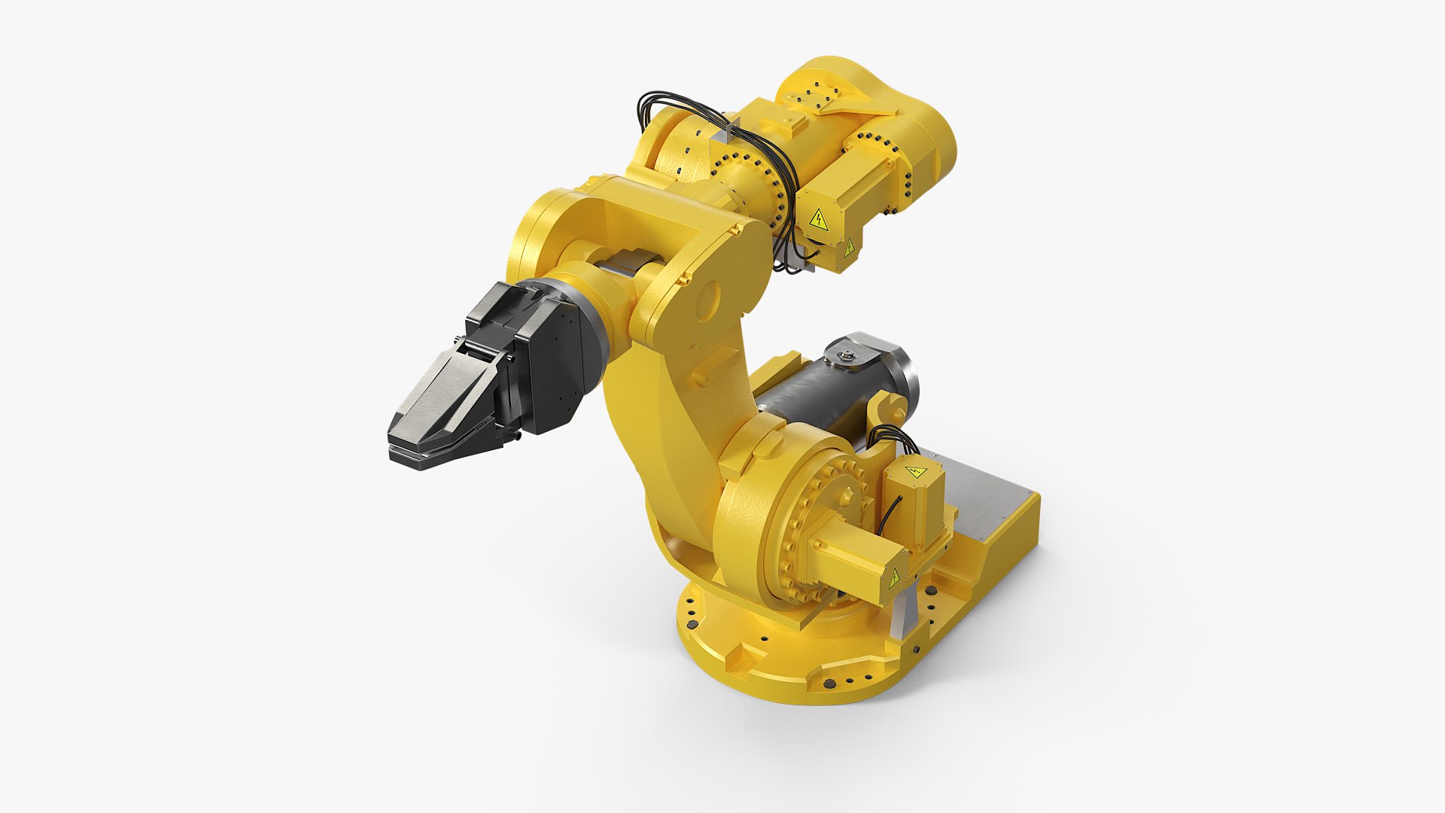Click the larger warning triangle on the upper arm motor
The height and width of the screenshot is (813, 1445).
click(818, 221)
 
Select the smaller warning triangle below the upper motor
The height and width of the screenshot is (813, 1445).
click(849, 248)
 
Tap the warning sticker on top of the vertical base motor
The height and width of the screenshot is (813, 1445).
click(915, 472)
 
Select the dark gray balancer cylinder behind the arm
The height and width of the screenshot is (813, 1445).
click(813, 406)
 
